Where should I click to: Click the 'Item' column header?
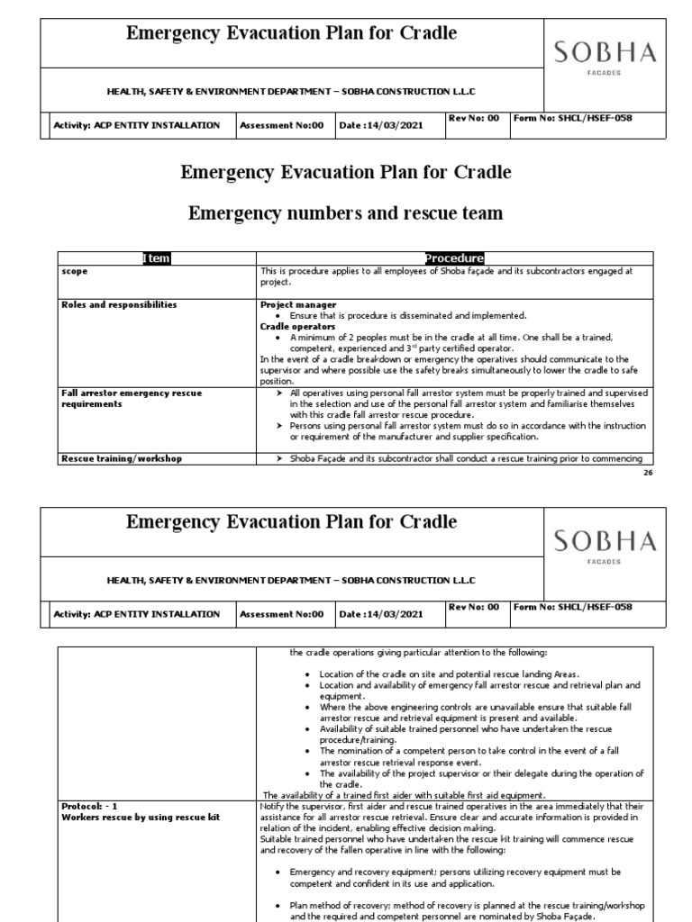(x=156, y=258)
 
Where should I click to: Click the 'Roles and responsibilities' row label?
(x=119, y=305)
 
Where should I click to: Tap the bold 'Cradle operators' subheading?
(x=297, y=327)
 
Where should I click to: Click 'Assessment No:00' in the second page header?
(x=280, y=614)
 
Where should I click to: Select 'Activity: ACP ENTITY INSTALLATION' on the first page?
(x=137, y=125)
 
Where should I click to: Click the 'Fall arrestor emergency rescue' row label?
(x=132, y=393)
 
